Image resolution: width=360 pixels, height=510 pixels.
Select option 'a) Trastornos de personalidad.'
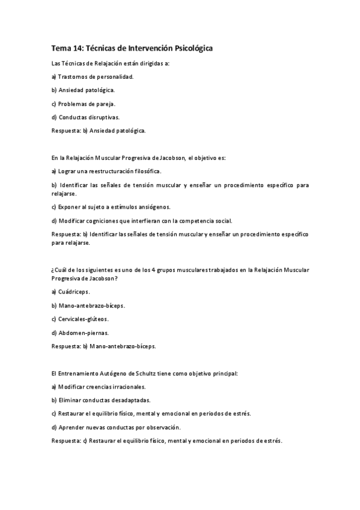point(92,76)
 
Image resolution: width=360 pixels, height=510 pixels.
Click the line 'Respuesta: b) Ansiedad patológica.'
point(99,130)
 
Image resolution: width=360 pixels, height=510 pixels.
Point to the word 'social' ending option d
point(223,221)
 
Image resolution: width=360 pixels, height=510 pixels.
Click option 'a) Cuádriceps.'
point(71,292)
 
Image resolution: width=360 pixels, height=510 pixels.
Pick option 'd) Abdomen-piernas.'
point(80,333)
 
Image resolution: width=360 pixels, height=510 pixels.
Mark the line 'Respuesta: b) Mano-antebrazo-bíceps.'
point(103,346)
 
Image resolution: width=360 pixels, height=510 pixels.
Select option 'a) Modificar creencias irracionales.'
point(98,387)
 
